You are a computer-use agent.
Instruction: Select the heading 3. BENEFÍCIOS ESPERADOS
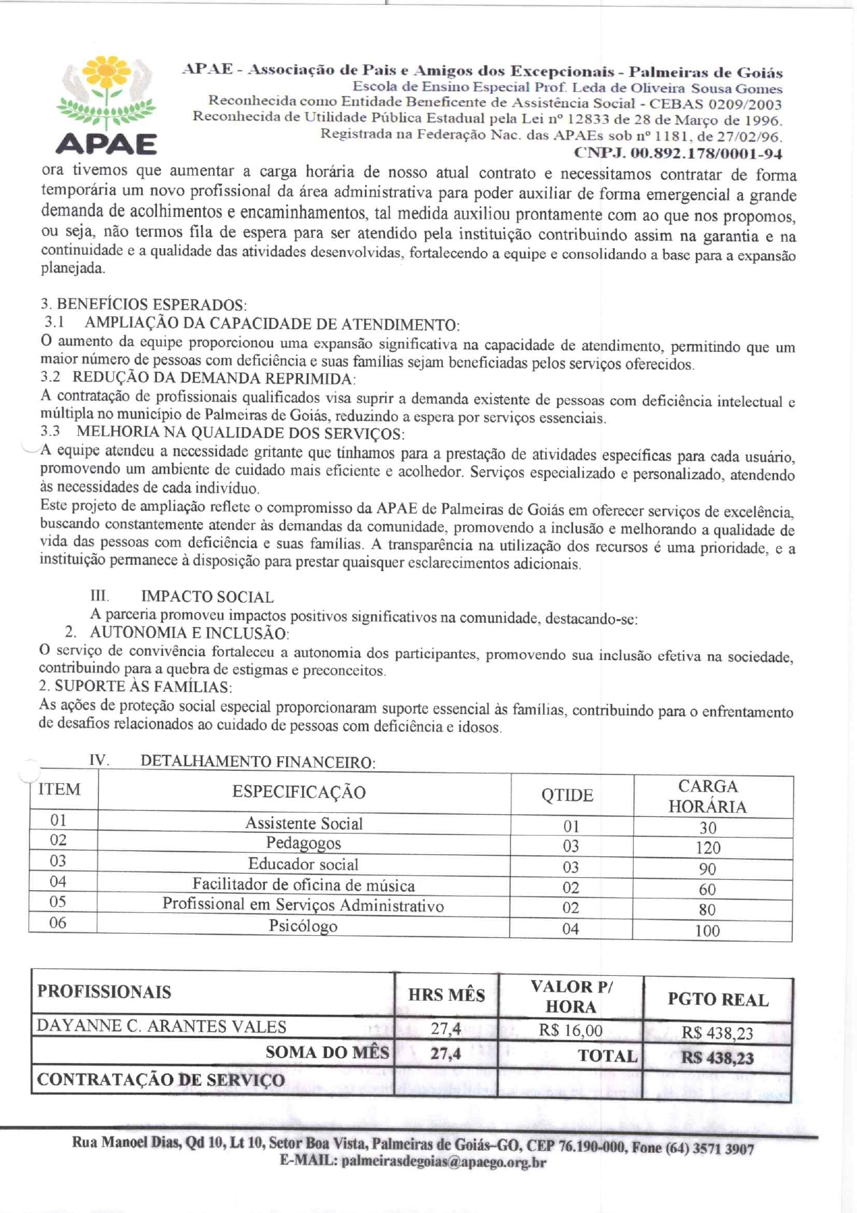(144, 304)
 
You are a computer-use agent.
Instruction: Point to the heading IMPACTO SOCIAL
(207, 596)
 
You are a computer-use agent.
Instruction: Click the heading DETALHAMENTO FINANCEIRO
(258, 762)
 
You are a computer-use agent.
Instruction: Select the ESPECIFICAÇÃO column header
(299, 792)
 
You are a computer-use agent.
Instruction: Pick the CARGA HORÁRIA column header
(708, 796)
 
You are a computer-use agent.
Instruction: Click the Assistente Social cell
(303, 823)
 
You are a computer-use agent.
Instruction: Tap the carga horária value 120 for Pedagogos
(708, 847)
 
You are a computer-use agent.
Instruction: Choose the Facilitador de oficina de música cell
(303, 885)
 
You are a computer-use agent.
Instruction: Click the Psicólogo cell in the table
(303, 926)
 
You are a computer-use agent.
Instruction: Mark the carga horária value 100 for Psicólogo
(707, 930)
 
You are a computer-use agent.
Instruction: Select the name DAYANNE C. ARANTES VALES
(161, 1026)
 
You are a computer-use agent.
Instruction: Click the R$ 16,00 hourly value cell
(571, 1031)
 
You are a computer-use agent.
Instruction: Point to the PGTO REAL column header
(718, 999)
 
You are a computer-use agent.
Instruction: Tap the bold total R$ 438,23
(717, 1058)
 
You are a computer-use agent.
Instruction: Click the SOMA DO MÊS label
(328, 1053)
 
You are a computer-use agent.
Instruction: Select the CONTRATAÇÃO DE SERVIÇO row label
(160, 1080)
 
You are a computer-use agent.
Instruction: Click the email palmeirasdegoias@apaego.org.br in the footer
(444, 1162)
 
